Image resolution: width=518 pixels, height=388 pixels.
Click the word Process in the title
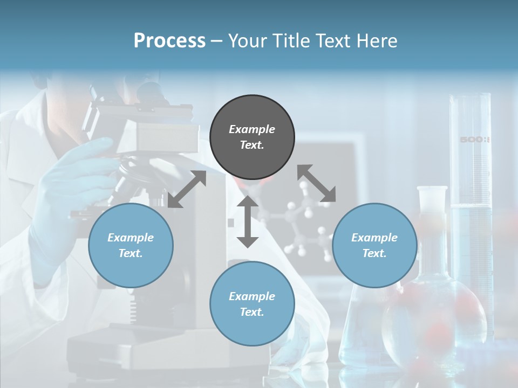[169, 40]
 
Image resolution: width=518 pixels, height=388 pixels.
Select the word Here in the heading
[377, 40]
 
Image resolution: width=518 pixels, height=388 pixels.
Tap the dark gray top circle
[252, 137]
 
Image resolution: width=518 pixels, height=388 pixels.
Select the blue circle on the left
[131, 245]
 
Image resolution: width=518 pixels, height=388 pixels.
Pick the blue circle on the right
[374, 245]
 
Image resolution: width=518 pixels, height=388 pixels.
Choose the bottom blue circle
[252, 304]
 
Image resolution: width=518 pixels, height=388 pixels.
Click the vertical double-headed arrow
[248, 221]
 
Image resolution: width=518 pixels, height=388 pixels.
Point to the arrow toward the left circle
[187, 189]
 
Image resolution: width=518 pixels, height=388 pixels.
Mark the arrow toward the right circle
[317, 183]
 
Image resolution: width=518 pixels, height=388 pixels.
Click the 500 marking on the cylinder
[473, 140]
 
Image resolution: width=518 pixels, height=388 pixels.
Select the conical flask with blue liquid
[367, 323]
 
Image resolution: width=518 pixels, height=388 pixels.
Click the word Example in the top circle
[252, 129]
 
